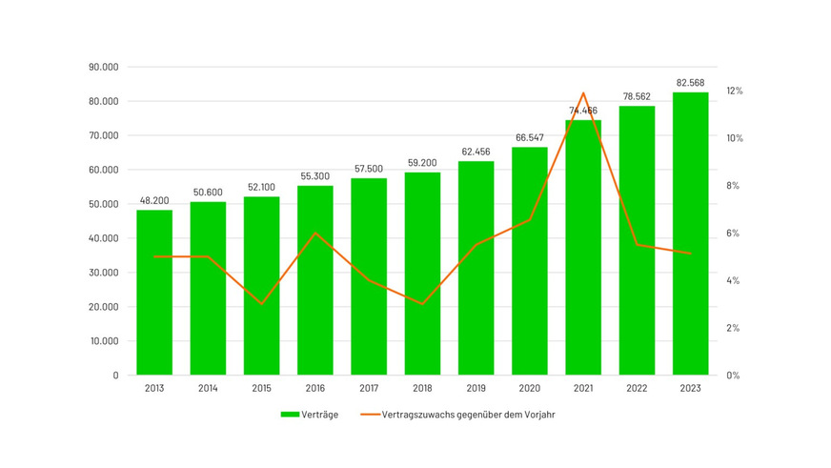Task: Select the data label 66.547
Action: [x=530, y=138]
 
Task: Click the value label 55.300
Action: [x=315, y=177]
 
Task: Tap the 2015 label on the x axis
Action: [x=261, y=389]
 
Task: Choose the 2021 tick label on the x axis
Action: [x=583, y=389]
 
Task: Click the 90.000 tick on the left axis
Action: [x=102, y=68]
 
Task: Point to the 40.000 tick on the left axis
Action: [x=102, y=238]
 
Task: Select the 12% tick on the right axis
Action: [x=734, y=91]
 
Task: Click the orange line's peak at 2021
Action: [x=583, y=92]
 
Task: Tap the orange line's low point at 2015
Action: [x=261, y=304]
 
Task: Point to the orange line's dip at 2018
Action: [x=422, y=304]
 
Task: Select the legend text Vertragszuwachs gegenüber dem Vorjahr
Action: [x=467, y=415]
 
